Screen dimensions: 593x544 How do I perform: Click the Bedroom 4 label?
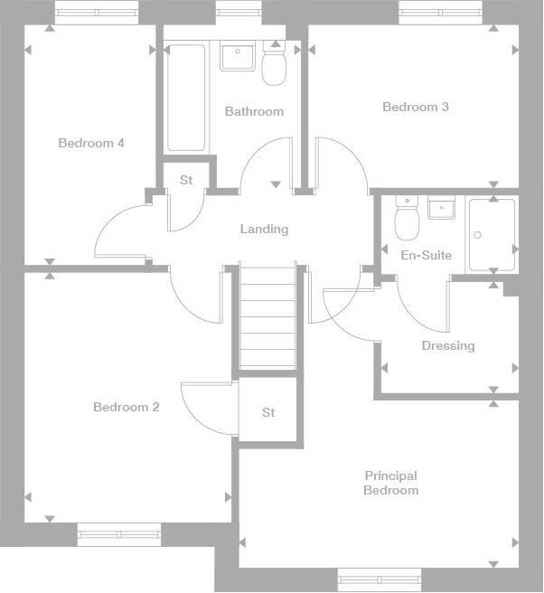point(91,143)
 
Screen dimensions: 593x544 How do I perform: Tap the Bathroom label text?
point(254,112)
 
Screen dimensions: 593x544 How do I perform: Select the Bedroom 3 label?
point(416,107)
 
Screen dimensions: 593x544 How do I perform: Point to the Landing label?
point(264,230)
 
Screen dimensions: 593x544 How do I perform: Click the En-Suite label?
point(426,256)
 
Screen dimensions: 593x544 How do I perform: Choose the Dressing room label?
point(447,346)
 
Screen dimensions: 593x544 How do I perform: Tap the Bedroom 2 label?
point(126,408)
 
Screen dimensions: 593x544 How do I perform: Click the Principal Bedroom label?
point(390,484)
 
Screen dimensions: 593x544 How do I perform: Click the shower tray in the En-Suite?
point(491,235)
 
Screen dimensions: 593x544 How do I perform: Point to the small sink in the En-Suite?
point(440,209)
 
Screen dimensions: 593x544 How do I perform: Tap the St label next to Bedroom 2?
point(268,413)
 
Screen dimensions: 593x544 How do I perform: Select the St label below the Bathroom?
point(186,181)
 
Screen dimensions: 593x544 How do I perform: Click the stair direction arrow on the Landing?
point(276,185)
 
